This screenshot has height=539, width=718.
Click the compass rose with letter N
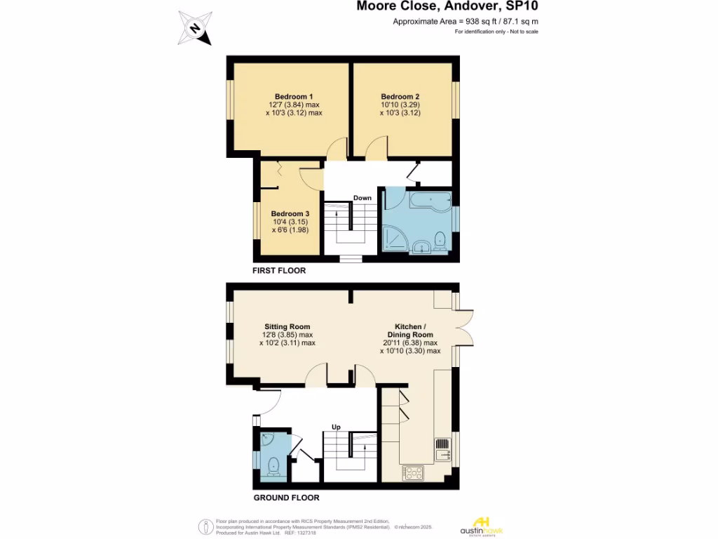pos(195,29)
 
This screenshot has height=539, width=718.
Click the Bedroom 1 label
pos(293,96)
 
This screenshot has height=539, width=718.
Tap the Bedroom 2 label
pos(400,96)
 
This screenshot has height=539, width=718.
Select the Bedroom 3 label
pos(290,214)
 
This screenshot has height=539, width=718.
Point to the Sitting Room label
pos(287,326)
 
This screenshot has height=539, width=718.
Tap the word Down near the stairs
pos(363,198)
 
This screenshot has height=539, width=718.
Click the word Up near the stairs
pos(336,426)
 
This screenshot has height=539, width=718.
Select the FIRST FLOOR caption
pos(279,270)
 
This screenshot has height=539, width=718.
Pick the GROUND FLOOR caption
pos(286,498)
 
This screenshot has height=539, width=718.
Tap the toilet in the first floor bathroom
pos(440,240)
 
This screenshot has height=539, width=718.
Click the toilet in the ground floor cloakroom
pos(273,465)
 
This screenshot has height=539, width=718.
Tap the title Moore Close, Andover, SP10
pos(448,7)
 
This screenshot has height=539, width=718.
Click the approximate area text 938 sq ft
pos(466,22)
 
